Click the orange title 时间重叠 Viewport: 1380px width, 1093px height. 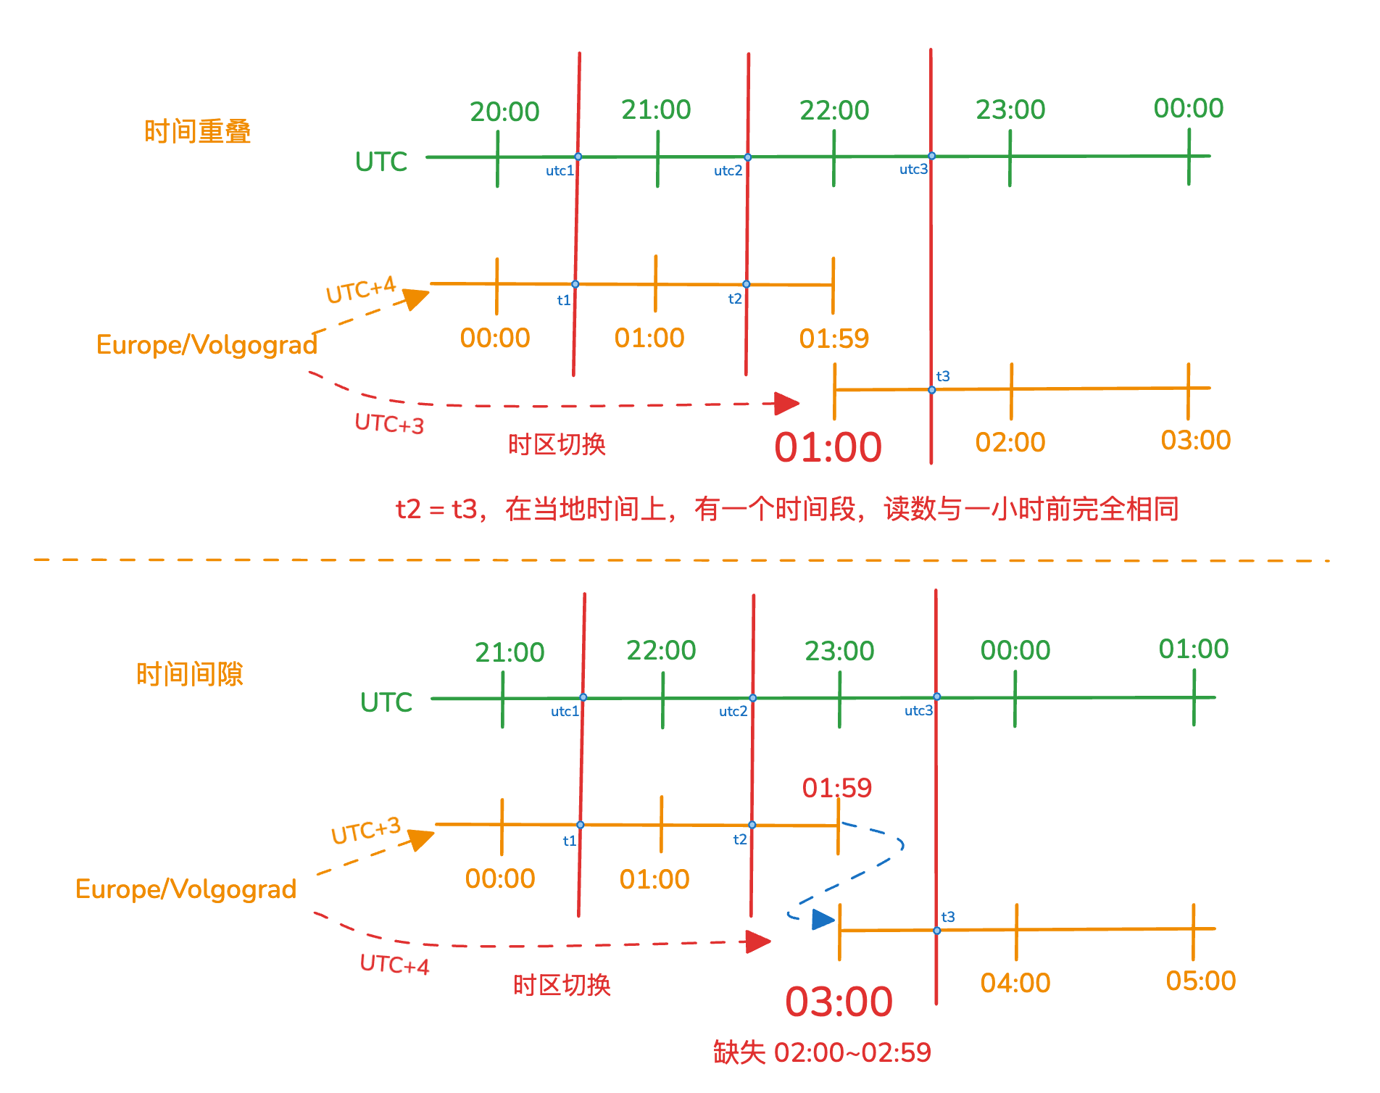[x=197, y=132]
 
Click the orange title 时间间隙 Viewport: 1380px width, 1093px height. [x=190, y=674]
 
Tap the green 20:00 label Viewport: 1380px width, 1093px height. [x=504, y=112]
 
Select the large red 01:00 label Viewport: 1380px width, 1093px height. [x=828, y=447]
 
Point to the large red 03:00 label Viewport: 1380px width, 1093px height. [x=839, y=1002]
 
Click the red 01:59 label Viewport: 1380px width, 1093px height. [x=836, y=788]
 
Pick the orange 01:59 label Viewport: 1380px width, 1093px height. [x=834, y=338]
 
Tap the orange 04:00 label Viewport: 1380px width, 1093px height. [x=1015, y=984]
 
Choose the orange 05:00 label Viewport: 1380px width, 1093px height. [x=1200, y=981]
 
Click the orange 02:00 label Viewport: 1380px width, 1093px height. [x=1010, y=442]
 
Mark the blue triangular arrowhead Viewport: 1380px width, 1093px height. [x=823, y=920]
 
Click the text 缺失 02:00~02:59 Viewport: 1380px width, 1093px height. [x=822, y=1052]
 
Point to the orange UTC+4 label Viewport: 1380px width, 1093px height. [x=361, y=290]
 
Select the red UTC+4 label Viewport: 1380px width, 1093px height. [x=394, y=965]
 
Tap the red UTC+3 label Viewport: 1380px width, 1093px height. [x=389, y=423]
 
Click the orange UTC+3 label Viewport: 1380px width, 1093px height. [x=366, y=831]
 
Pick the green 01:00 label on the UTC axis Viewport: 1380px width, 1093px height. [x=1193, y=649]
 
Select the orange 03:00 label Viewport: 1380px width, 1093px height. [x=1195, y=441]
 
